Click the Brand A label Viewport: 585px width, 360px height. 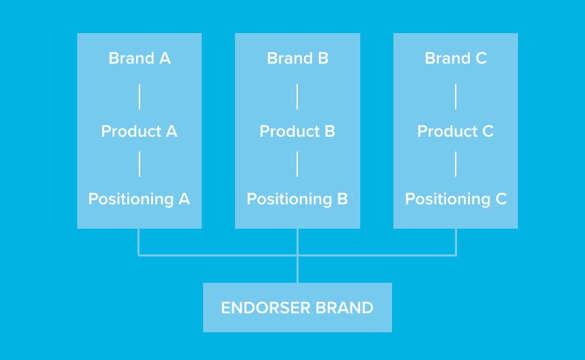pyautogui.click(x=139, y=58)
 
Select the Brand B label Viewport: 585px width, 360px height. pyautogui.click(x=298, y=58)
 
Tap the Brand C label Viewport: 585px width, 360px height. pyautogui.click(x=456, y=58)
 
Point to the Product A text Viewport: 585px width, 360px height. pyautogui.click(x=139, y=131)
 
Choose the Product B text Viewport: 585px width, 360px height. pyautogui.click(x=297, y=131)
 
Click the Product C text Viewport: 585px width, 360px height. pyautogui.click(x=456, y=131)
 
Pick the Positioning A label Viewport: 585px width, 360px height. pyautogui.click(x=139, y=199)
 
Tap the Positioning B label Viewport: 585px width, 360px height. pyautogui.click(x=297, y=199)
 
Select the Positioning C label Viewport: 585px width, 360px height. pyautogui.click(x=456, y=199)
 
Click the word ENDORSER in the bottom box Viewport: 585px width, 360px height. pyautogui.click(x=265, y=308)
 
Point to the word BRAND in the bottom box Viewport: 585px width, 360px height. pyautogui.click(x=345, y=308)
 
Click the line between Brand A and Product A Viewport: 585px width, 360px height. pyautogui.click(x=139, y=97)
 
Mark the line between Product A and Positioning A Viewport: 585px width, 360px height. pyautogui.click(x=139, y=164)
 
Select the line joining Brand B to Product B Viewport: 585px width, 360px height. pyautogui.click(x=297, y=97)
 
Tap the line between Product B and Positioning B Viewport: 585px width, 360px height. pyautogui.click(x=297, y=164)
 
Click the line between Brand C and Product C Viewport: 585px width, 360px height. pyautogui.click(x=456, y=97)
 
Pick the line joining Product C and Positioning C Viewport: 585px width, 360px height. pyautogui.click(x=456, y=164)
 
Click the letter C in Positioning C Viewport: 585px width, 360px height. pyautogui.click(x=501, y=199)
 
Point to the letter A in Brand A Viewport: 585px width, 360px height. pyautogui.click(x=165, y=58)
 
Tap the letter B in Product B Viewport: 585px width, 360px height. pyautogui.click(x=330, y=131)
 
